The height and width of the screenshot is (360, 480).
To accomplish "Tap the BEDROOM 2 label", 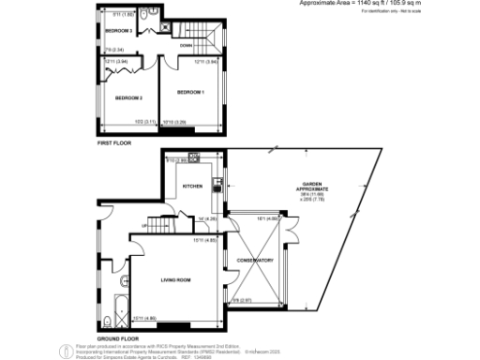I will pos(128,97).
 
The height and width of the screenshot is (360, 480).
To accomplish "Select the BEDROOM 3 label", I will pos(117,30).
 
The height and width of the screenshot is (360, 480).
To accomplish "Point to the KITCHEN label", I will pos(192,187).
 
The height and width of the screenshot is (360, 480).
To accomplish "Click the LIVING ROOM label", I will pos(177,279).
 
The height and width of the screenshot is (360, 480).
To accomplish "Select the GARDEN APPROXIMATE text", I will pos(314,186).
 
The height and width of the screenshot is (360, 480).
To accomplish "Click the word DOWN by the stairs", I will pos(186,44).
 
